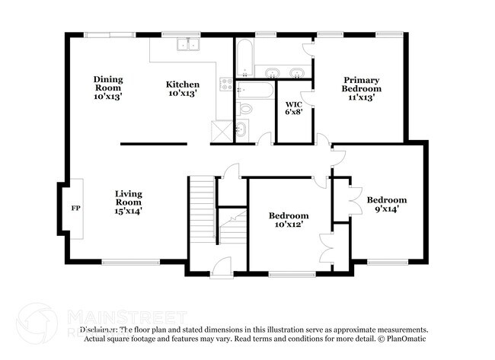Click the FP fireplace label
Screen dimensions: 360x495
pos(75,208)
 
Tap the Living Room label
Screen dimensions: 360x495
pos(128,202)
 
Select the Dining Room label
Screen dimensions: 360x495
pos(108,88)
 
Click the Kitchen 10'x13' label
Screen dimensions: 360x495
pos(183,89)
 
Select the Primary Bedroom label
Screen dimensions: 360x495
pos(361,88)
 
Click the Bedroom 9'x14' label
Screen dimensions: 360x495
pos(386,204)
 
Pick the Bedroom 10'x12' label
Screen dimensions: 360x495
pos(289,220)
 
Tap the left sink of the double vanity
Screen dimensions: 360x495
pos(271,73)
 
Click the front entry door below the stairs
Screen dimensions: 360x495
pos(221,266)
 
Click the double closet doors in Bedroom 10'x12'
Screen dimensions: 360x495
pos(327,247)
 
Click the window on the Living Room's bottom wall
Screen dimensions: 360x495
pos(126,263)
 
